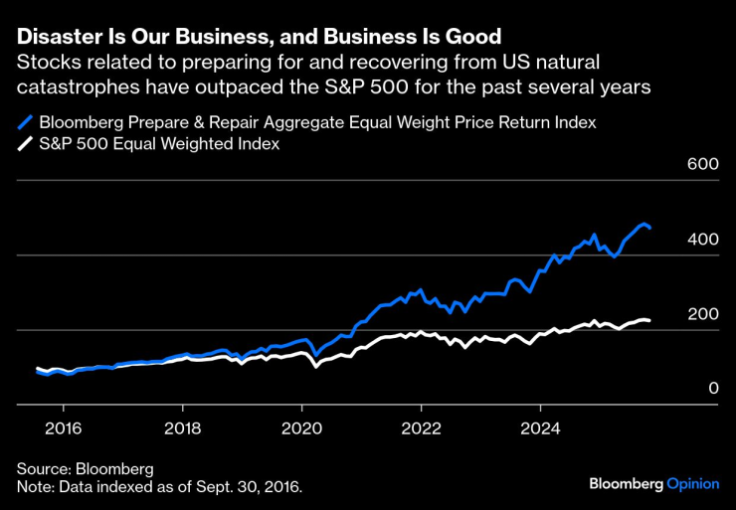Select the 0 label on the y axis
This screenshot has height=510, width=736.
click(713, 389)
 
